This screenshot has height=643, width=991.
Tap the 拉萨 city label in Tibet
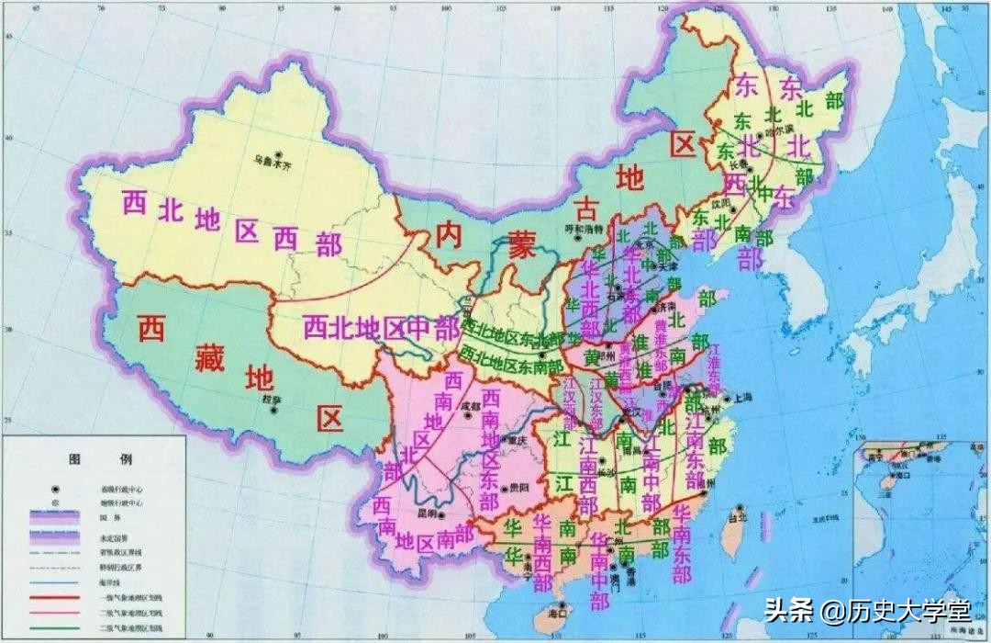[x=272, y=400]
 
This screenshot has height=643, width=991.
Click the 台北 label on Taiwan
[x=736, y=518]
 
